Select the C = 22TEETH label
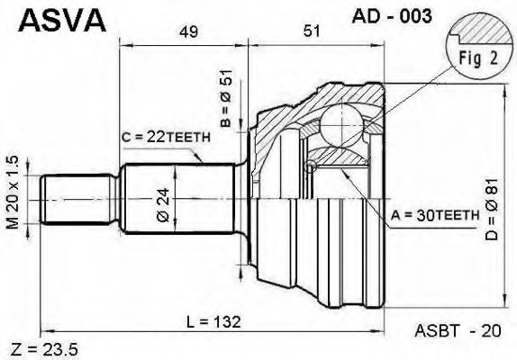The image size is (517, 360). click(x=166, y=136)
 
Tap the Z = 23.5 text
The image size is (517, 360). click(x=41, y=347)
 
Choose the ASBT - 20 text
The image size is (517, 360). click(x=455, y=330)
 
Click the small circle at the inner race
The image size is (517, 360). click(x=311, y=165)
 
